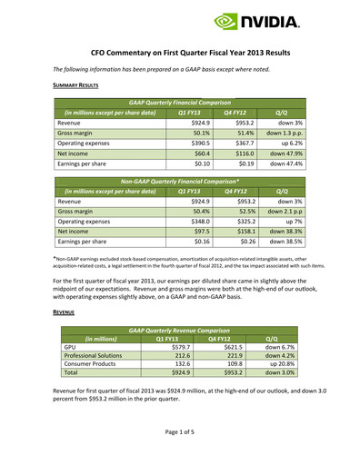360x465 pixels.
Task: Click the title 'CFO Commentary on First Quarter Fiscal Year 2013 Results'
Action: tap(180, 54)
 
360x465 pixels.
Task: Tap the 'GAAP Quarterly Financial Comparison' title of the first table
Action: tap(179, 103)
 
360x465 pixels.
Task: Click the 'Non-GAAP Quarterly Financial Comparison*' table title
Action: tap(179, 182)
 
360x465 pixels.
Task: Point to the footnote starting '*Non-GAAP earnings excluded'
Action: tap(179, 262)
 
